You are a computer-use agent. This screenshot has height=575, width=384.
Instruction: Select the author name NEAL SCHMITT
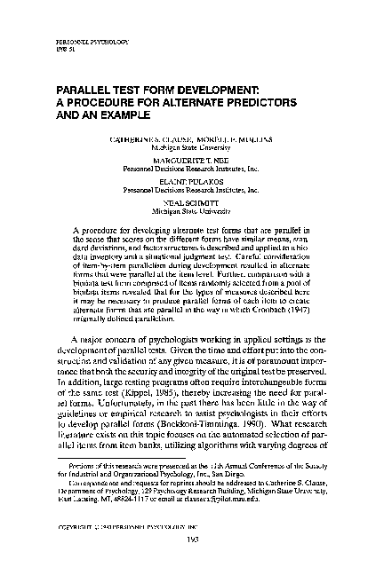click(x=191, y=202)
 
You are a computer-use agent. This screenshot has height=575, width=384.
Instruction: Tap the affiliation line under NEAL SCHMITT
click(x=191, y=213)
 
